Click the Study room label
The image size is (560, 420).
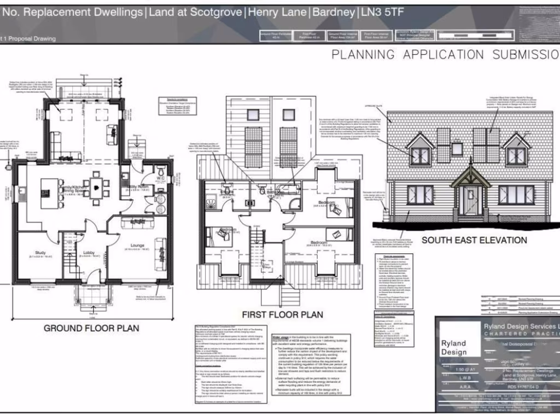(x=40, y=253)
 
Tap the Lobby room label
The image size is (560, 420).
(x=89, y=253)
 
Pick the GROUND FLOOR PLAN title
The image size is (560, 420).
(x=91, y=328)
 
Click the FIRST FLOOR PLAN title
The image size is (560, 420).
(x=282, y=314)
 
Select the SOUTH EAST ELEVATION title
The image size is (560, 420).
(x=474, y=240)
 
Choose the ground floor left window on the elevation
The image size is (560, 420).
(x=420, y=195)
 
